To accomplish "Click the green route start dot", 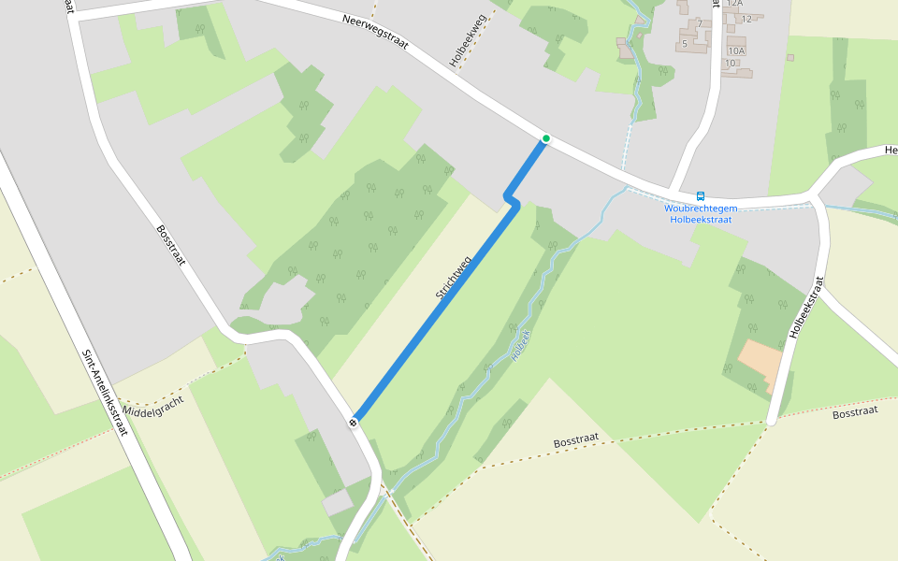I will (546, 138).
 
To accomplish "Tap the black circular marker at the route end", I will (355, 421).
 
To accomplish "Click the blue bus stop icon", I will (701, 196).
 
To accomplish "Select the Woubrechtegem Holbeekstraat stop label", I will (700, 213).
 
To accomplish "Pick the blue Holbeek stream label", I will (521, 345).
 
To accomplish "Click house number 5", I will (685, 44).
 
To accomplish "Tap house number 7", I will (699, 23).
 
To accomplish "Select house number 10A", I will (736, 50).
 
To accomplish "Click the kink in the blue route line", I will (510, 199).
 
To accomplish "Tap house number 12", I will (746, 19).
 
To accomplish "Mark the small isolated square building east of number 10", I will (790, 58).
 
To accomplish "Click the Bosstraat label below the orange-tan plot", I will (854, 411).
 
